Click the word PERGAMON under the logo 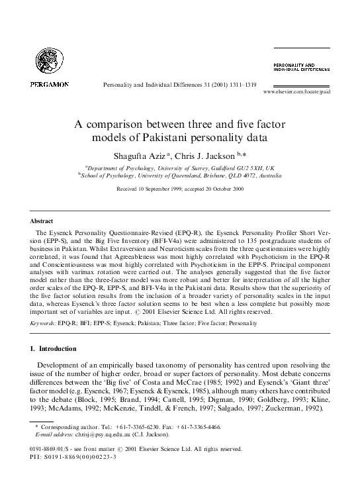50,85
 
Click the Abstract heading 42,221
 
